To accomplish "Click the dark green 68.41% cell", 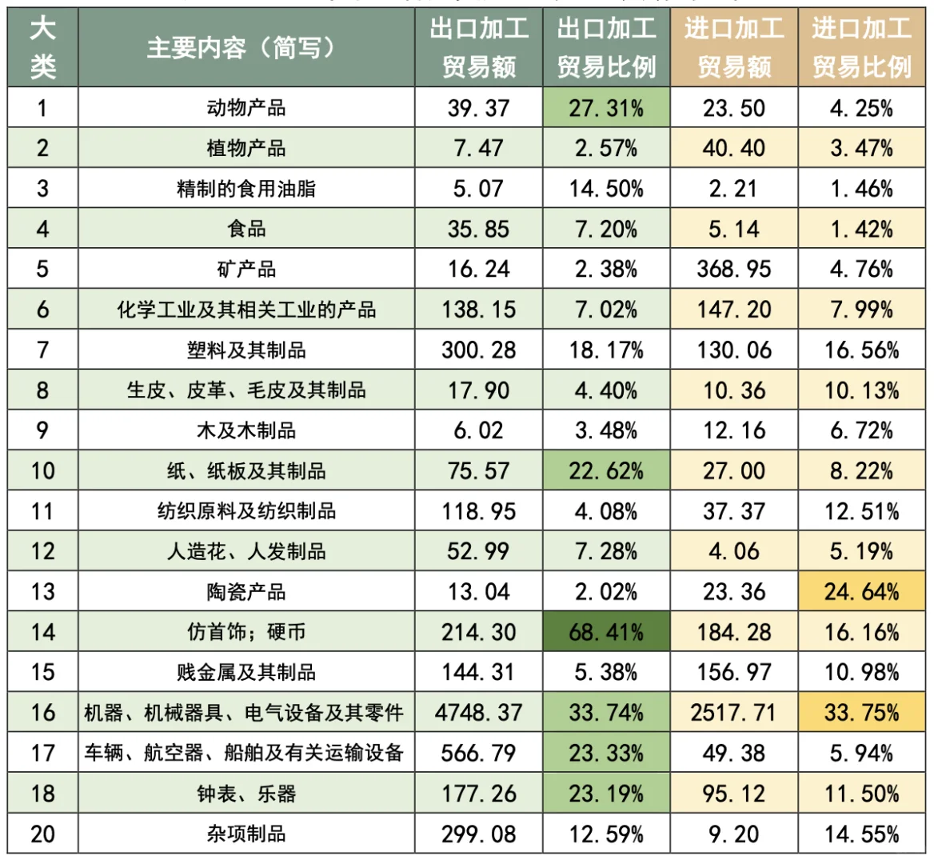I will [606, 632].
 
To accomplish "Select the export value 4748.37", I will [478, 712].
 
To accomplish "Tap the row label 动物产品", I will [246, 108].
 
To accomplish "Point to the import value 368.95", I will [733, 269].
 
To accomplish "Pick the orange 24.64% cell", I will [861, 592].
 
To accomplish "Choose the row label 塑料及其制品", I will [246, 350].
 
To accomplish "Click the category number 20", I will [42, 834].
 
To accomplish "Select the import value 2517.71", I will [733, 712].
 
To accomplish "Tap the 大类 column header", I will [42, 48].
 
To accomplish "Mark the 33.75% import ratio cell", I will [861, 712].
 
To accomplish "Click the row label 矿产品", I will [246, 269].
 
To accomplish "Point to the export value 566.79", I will [478, 753].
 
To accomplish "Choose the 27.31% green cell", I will [606, 108].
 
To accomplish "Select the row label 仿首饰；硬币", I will [246, 632].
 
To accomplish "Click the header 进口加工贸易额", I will [733, 48].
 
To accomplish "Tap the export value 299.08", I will [478, 834].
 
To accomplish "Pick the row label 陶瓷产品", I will [246, 592].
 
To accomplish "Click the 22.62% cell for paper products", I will [606, 470].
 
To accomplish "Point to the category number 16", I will [42, 712].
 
